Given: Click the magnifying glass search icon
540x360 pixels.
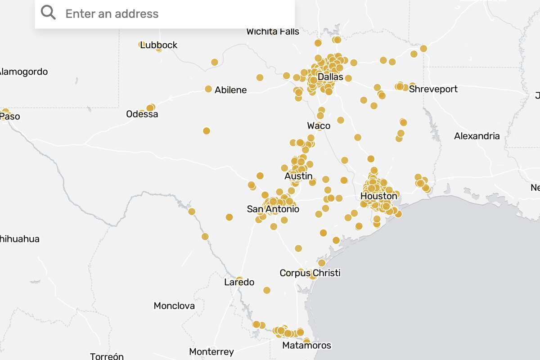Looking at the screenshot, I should [x=48, y=13].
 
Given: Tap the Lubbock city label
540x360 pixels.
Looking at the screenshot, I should [x=159, y=45].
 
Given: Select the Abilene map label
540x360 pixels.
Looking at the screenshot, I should [x=230, y=90].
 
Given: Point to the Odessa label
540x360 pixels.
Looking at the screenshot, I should [x=142, y=114].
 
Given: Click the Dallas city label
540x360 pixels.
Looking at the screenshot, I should [x=330, y=77].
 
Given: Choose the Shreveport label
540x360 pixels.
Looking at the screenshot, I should [x=433, y=89].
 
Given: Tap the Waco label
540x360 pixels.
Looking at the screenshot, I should [x=319, y=126].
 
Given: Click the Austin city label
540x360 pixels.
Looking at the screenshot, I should [x=298, y=176].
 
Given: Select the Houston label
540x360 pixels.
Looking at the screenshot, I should [x=379, y=196].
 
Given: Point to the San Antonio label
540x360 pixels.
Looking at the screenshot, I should [x=273, y=209].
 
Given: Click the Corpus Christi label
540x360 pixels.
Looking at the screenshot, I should [x=310, y=273].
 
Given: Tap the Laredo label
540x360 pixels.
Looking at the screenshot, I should [x=239, y=283].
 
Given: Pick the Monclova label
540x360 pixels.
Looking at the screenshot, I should [x=174, y=306].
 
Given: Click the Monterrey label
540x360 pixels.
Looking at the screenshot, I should [x=211, y=352].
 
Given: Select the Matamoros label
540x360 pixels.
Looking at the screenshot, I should [x=306, y=346].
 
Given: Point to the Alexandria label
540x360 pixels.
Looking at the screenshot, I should [x=477, y=136].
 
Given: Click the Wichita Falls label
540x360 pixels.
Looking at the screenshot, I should [x=273, y=31].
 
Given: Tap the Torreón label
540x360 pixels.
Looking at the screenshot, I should [x=107, y=356].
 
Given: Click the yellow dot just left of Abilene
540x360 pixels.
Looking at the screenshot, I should [x=208, y=89].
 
